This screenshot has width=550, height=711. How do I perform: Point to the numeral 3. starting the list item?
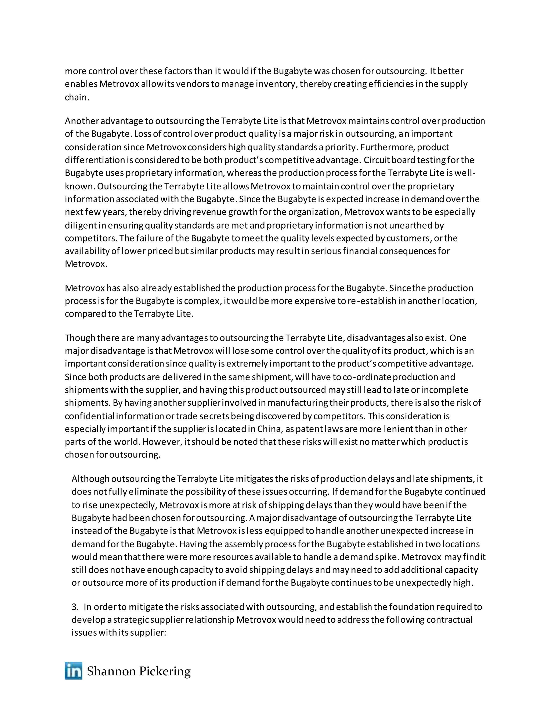(x=75, y=607)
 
